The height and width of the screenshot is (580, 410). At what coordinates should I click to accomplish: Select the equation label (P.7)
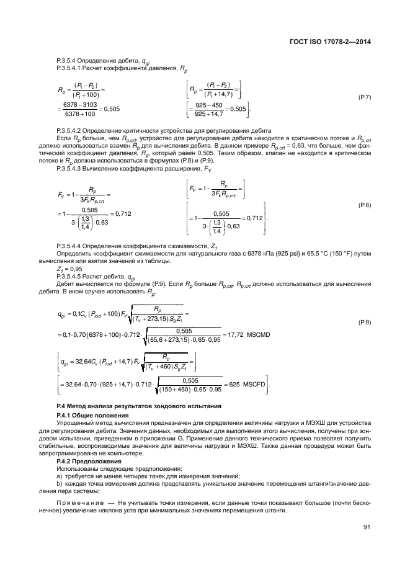coord(365,99)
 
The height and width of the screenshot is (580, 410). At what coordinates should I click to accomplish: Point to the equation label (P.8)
coord(365,205)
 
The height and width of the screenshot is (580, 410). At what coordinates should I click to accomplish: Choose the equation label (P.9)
coord(365,323)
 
